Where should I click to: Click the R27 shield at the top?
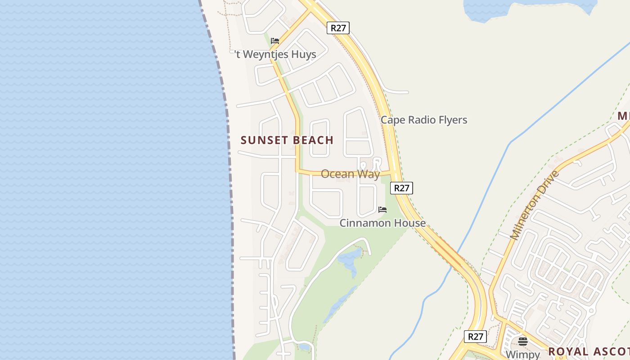tap(338, 28)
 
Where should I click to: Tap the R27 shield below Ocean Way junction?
tap(401, 188)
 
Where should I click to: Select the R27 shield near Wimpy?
tap(475, 336)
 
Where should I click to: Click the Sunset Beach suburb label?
tap(287, 140)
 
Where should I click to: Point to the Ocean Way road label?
tap(350, 174)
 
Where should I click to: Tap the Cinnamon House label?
tap(382, 223)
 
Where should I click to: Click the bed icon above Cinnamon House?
tap(382, 210)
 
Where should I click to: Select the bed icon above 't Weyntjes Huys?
tap(275, 41)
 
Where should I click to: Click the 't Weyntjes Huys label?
tap(275, 54)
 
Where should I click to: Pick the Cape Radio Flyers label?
tap(423, 120)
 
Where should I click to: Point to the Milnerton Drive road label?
tap(534, 205)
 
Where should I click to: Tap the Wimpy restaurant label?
tap(522, 355)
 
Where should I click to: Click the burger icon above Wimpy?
tap(522, 341)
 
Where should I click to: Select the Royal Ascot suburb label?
tap(589, 351)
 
